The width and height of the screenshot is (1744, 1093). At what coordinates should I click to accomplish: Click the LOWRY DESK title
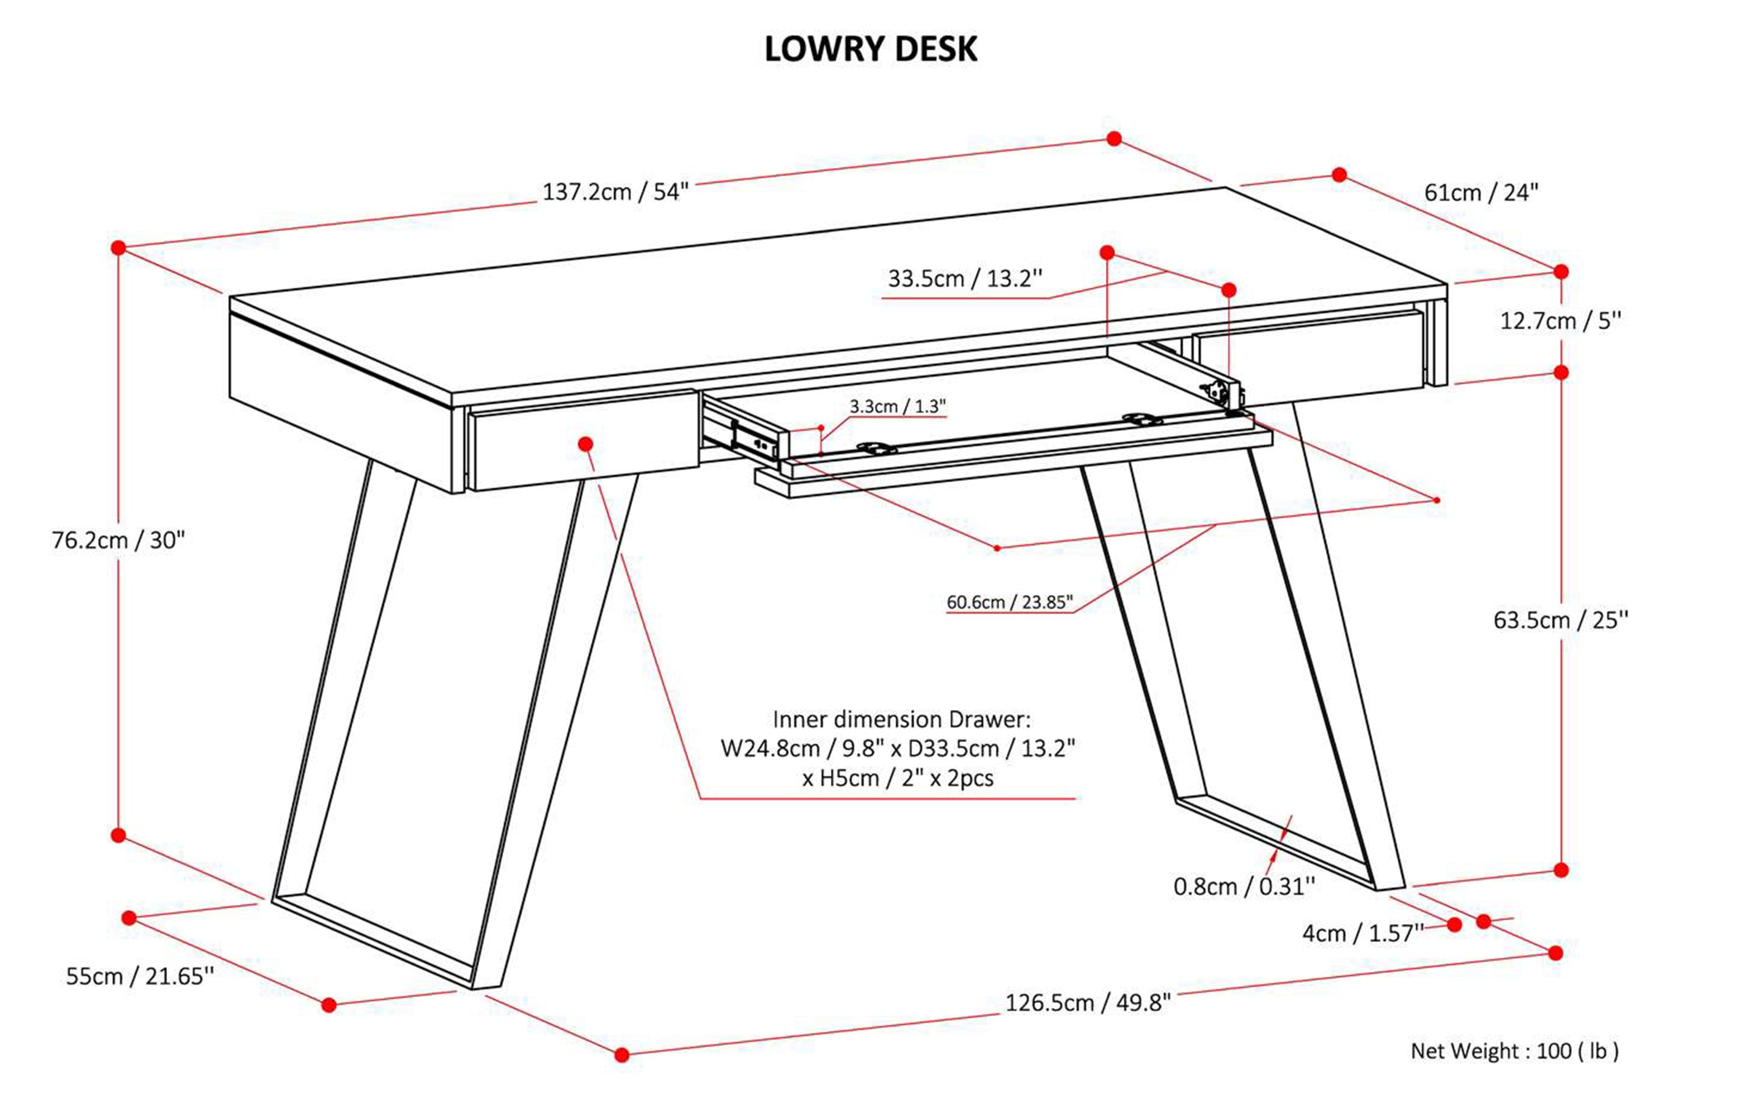click(871, 49)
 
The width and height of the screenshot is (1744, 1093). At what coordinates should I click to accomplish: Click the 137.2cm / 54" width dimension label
click(616, 192)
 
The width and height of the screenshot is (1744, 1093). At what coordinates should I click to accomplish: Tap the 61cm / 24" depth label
click(1481, 193)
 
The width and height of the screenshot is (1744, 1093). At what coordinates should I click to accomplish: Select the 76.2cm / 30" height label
click(118, 540)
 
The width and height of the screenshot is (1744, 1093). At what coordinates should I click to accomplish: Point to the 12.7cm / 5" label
click(1561, 321)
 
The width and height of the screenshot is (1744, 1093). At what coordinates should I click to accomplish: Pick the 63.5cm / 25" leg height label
click(1561, 620)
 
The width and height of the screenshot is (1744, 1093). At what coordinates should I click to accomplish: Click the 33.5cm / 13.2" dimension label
click(964, 279)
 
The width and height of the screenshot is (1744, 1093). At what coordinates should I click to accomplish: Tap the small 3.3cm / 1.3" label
click(897, 407)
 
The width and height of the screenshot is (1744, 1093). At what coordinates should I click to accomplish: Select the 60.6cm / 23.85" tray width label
click(1009, 602)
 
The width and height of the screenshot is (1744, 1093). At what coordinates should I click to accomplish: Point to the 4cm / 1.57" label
click(1363, 933)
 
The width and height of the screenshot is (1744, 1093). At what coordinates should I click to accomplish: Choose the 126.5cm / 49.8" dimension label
click(1087, 1004)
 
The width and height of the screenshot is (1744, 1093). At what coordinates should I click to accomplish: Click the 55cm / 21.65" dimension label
click(140, 976)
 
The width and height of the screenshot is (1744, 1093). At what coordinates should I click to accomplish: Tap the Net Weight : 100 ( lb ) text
click(1514, 1051)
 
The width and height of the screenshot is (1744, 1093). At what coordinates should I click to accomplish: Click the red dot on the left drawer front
click(585, 443)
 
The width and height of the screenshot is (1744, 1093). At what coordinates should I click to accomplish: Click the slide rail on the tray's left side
click(744, 434)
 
